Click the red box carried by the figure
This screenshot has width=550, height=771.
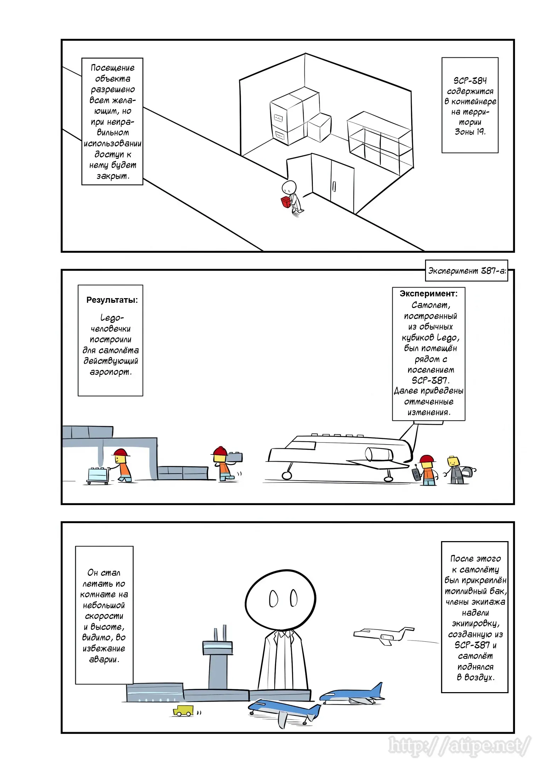pos(285,202)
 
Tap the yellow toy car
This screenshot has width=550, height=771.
pos(183,710)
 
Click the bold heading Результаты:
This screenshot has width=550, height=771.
pos(112,300)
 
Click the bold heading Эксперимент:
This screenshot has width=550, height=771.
pos(428,294)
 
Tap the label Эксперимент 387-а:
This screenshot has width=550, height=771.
pos(466,271)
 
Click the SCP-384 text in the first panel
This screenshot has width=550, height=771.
pos(470,81)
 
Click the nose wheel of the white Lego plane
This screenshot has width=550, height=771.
pos(287,475)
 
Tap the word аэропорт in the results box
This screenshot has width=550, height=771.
pos(110,372)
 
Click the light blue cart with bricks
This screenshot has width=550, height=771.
pos(98,475)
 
